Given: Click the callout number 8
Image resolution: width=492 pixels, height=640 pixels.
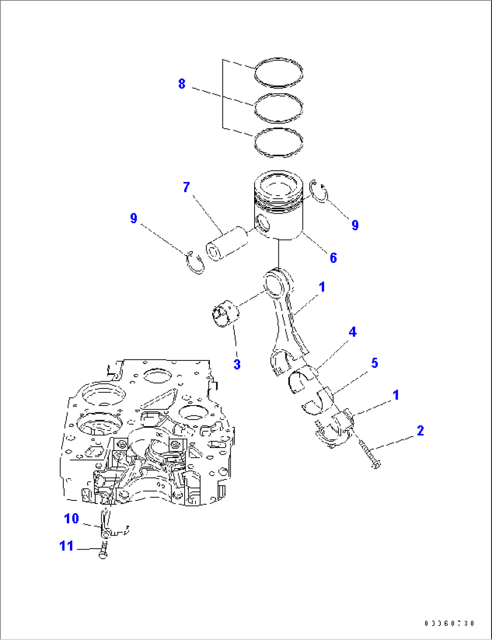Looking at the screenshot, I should coord(181,84).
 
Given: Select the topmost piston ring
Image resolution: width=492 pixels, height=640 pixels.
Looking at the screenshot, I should coord(278,72).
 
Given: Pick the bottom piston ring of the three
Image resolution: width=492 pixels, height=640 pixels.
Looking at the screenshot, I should coord(278,142).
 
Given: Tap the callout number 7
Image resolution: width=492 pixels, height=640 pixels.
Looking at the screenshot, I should coord(186,187).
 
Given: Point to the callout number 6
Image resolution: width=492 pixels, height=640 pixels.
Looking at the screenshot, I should coord(333,257).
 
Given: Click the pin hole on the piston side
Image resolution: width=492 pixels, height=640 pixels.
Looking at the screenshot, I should coord(262,222).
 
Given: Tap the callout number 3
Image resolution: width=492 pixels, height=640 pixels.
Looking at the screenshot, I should coord(237,364).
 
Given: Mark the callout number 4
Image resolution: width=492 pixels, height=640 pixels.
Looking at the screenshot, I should coord(353,332).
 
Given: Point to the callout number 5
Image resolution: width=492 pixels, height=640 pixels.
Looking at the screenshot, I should coord(375,363).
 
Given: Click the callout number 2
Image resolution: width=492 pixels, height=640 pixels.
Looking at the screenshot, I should coord(420,430).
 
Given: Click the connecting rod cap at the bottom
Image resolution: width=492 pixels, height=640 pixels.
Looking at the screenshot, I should coord(334,431).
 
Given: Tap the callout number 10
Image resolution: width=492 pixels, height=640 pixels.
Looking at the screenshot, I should coord(71,519).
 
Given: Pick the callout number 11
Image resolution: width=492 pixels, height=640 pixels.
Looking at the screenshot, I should coord(66,546).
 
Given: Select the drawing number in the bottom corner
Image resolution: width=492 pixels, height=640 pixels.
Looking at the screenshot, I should coord(449,623).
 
